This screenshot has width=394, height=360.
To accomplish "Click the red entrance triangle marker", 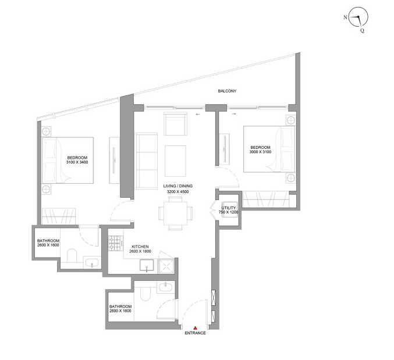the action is click(x=195, y=327).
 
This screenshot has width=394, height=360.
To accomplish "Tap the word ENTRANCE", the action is click(x=195, y=333).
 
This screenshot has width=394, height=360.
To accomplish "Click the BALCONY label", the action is click(x=227, y=91).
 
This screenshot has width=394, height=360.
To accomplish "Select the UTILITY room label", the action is click(x=229, y=208).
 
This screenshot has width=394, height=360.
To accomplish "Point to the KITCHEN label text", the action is click(x=140, y=247).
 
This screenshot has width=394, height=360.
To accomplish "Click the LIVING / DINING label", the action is click(x=178, y=186).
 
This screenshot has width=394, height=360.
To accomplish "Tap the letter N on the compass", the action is click(x=346, y=17).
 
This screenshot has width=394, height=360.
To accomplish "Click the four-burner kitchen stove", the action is click(x=116, y=243).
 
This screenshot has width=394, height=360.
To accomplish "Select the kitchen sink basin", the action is click(x=147, y=266).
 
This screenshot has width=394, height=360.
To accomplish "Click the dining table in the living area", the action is click(x=175, y=213).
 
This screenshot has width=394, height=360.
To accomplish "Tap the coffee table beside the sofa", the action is click(x=175, y=161).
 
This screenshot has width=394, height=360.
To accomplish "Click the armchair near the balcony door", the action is click(x=176, y=124).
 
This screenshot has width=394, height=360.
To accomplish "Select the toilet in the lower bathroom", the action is click(x=145, y=294).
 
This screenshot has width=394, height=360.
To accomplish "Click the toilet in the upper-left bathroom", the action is click(x=72, y=255).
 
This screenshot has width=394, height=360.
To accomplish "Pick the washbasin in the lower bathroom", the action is click(x=165, y=287).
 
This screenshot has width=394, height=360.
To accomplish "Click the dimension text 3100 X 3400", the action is click(x=77, y=162).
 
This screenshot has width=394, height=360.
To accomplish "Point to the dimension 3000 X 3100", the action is click(x=260, y=152).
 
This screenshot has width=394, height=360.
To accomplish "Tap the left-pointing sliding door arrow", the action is click(x=197, y=114).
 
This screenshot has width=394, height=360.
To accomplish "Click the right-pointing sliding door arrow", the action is click(x=234, y=114).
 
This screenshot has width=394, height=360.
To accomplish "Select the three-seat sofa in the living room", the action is click(x=147, y=161).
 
